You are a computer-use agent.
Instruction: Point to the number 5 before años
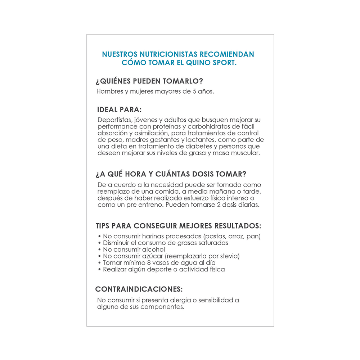coord(194,91)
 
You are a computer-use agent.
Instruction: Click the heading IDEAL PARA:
coord(119,109)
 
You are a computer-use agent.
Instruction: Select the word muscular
coord(245,153)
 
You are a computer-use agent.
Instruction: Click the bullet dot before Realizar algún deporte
coord(99,269)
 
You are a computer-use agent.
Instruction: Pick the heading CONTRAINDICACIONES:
coord(139,289)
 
